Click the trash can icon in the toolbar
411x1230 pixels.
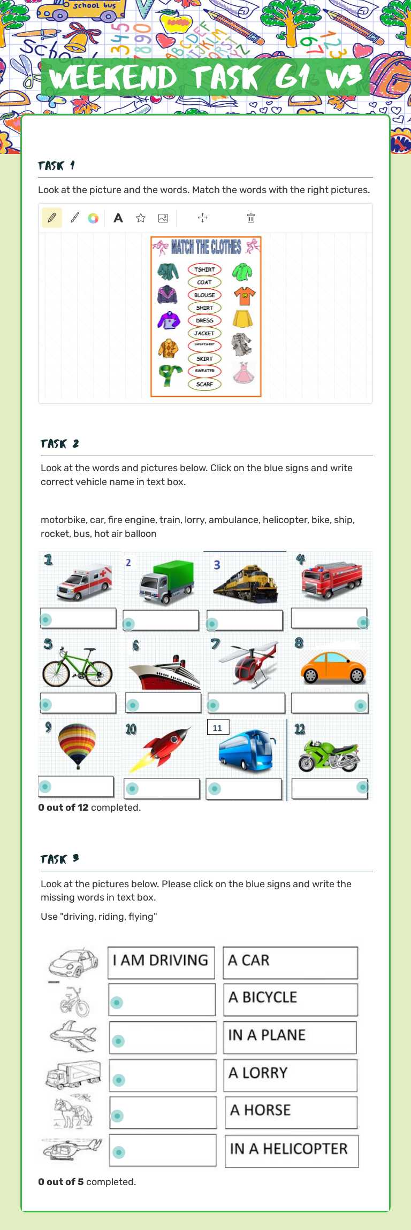251,218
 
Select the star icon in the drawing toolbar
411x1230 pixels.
141,218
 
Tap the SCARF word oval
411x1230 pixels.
204,384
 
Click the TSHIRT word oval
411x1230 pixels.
204,270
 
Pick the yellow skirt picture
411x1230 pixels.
242,319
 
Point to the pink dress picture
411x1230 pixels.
242,373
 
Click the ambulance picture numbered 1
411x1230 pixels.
85,582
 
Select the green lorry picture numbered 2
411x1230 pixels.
166,582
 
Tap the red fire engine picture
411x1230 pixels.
332,581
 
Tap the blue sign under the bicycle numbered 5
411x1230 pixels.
46,704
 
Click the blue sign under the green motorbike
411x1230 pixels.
362,787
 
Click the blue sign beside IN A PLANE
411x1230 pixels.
119,1041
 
